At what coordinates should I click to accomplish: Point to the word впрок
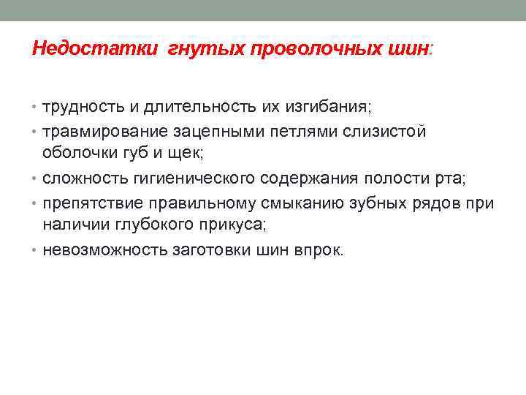(x=320, y=249)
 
